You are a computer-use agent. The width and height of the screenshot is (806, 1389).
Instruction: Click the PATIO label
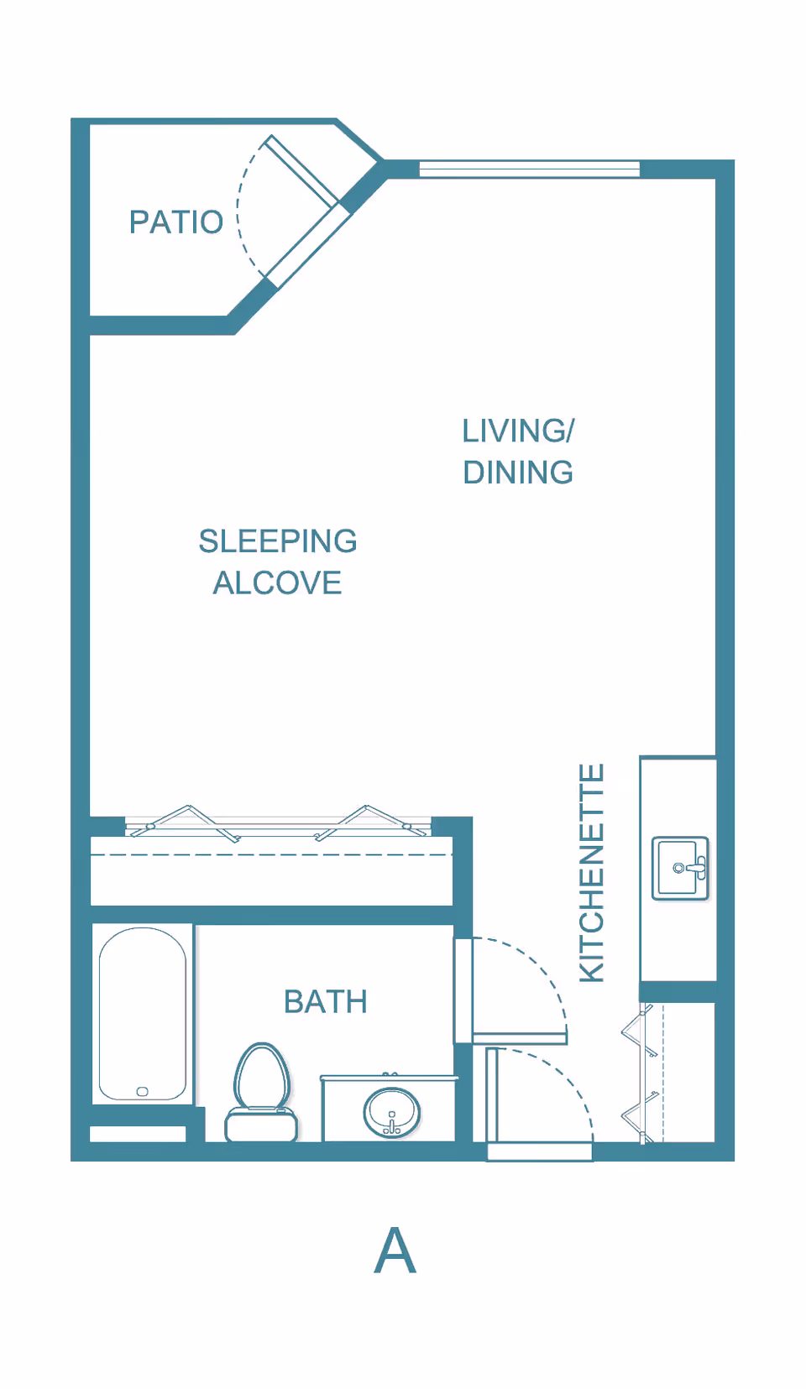click(175, 222)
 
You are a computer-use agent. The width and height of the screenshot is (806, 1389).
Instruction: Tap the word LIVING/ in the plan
click(518, 431)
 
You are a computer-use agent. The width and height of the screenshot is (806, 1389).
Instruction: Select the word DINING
click(518, 473)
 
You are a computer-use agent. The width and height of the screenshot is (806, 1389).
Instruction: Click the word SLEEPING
click(278, 541)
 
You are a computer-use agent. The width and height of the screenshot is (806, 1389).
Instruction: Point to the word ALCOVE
click(277, 583)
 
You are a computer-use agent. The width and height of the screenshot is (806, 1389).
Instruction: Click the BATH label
click(326, 1002)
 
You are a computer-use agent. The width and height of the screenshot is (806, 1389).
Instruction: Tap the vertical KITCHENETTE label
click(592, 873)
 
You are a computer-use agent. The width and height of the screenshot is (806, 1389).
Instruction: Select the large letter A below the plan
click(395, 1251)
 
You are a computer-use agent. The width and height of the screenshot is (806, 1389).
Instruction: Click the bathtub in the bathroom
click(143, 1007)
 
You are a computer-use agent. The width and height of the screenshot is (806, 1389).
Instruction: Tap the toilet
click(261, 1091)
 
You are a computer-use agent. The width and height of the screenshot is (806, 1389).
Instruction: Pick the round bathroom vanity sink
click(391, 1113)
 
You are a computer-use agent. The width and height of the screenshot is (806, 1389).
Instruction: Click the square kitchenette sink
click(680, 868)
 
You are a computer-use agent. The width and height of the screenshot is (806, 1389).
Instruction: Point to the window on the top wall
click(529, 169)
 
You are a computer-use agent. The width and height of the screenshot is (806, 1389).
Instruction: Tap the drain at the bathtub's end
click(142, 1091)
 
